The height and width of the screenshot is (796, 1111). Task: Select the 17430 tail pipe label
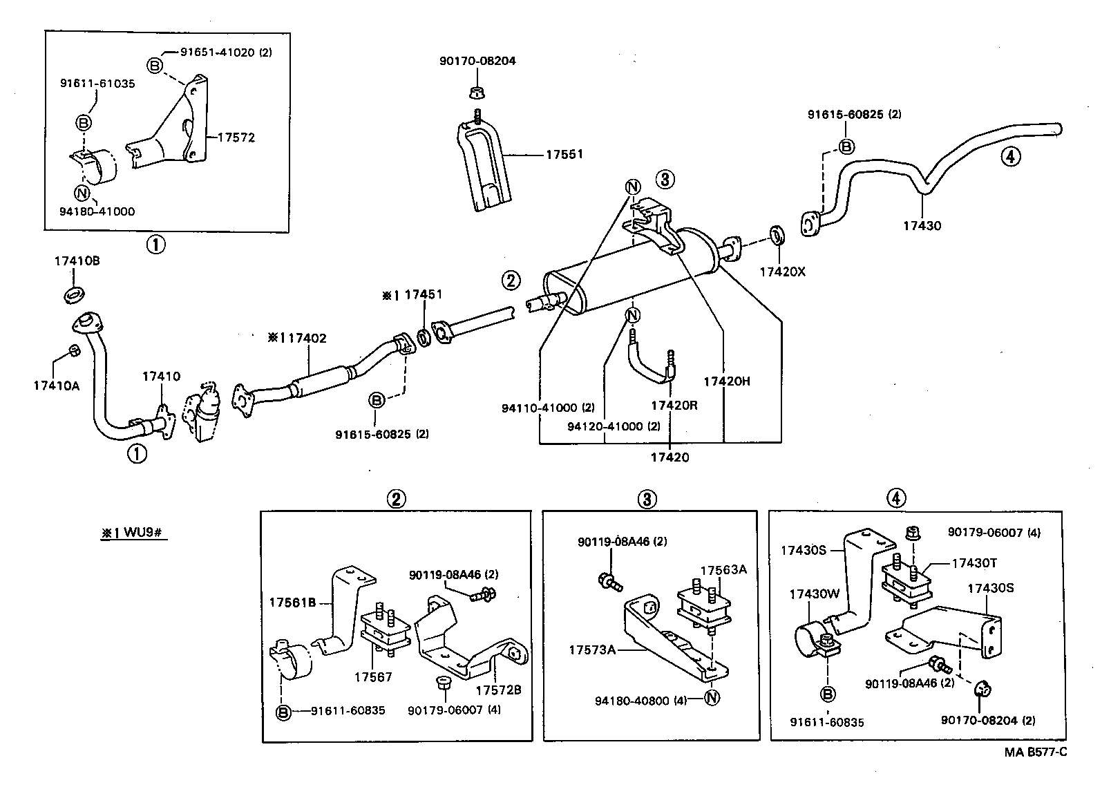922,225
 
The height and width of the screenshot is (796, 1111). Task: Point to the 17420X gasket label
783,272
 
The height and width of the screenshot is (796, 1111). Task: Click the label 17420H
726,381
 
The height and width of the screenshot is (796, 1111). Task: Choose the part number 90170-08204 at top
477,61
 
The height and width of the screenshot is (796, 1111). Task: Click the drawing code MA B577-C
1034,752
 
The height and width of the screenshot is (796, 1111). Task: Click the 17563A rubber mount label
723,570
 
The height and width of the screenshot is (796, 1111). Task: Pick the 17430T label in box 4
974,563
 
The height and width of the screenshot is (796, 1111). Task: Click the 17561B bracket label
292,603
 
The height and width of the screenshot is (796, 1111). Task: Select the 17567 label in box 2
373,676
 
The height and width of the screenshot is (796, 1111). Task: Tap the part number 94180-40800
632,701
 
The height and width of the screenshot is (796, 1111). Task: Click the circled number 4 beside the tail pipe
1010,157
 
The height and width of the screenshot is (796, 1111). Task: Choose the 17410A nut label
57,386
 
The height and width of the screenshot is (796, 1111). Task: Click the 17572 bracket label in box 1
236,138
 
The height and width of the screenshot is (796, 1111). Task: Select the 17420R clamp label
674,405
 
